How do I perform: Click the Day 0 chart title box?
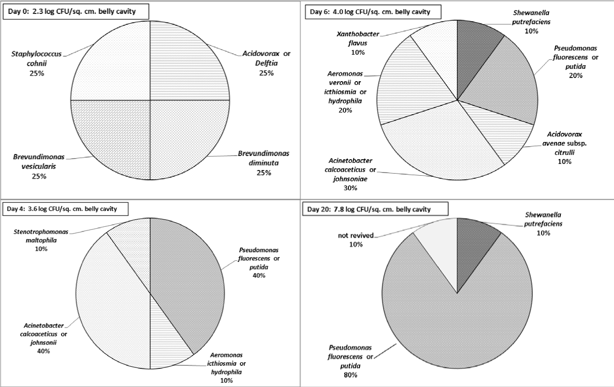pyautogui.click(x=76, y=11)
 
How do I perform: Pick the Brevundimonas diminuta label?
pyautogui.click(x=264, y=161)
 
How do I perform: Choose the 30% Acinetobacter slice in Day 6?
pyautogui.click(x=439, y=150)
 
